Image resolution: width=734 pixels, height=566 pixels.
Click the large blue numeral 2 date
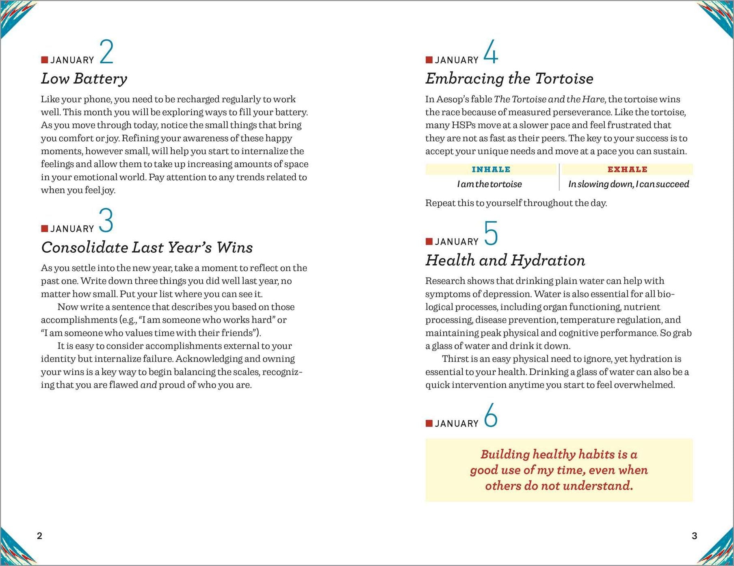pos(106,52)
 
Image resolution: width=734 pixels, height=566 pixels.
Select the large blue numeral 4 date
pos(491,52)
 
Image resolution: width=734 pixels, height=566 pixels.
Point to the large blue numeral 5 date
pos(491,233)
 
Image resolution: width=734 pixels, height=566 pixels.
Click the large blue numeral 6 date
pos(491,415)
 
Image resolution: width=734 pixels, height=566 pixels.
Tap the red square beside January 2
pos(45,60)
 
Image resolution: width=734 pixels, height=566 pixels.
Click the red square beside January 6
pos(429,424)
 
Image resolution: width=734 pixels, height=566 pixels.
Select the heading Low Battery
pos(84,79)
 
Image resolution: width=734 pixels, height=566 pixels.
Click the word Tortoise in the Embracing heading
pos(564,79)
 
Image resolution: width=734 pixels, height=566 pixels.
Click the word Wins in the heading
pos(234,247)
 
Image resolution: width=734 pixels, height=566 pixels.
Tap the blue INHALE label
pos(491,169)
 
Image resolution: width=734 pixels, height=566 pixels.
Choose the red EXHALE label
pos(627,169)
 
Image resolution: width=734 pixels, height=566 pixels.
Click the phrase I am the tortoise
pos(489,184)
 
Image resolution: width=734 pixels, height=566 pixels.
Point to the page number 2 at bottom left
pos(39,536)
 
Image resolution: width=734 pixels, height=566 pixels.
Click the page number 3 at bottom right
pos(694,536)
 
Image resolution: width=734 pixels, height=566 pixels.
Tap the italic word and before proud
pos(149,385)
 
